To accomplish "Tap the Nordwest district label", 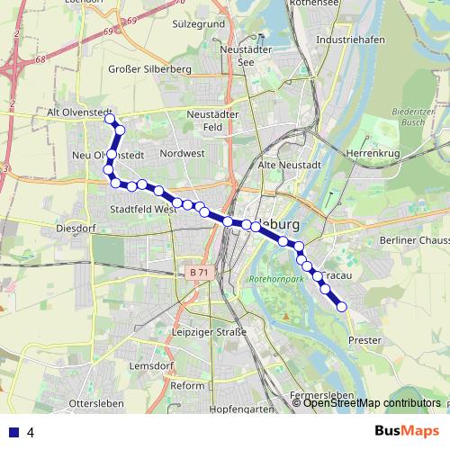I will click(182, 154).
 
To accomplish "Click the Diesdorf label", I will click(75, 229).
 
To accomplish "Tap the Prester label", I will click(364, 340).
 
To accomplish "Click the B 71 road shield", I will click(199, 271).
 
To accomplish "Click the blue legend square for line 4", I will click(12, 432).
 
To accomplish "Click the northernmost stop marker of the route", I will click(110, 119).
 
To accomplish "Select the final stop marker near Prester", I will click(342, 307).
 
